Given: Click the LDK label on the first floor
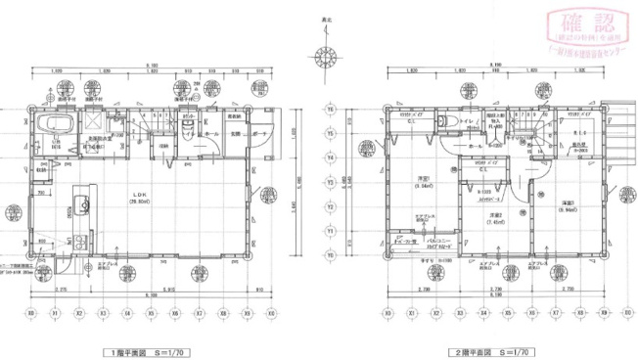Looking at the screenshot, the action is tap(140, 194).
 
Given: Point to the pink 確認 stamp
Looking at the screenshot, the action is tap(588, 26).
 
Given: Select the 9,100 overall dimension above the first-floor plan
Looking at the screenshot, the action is tap(152, 66).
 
